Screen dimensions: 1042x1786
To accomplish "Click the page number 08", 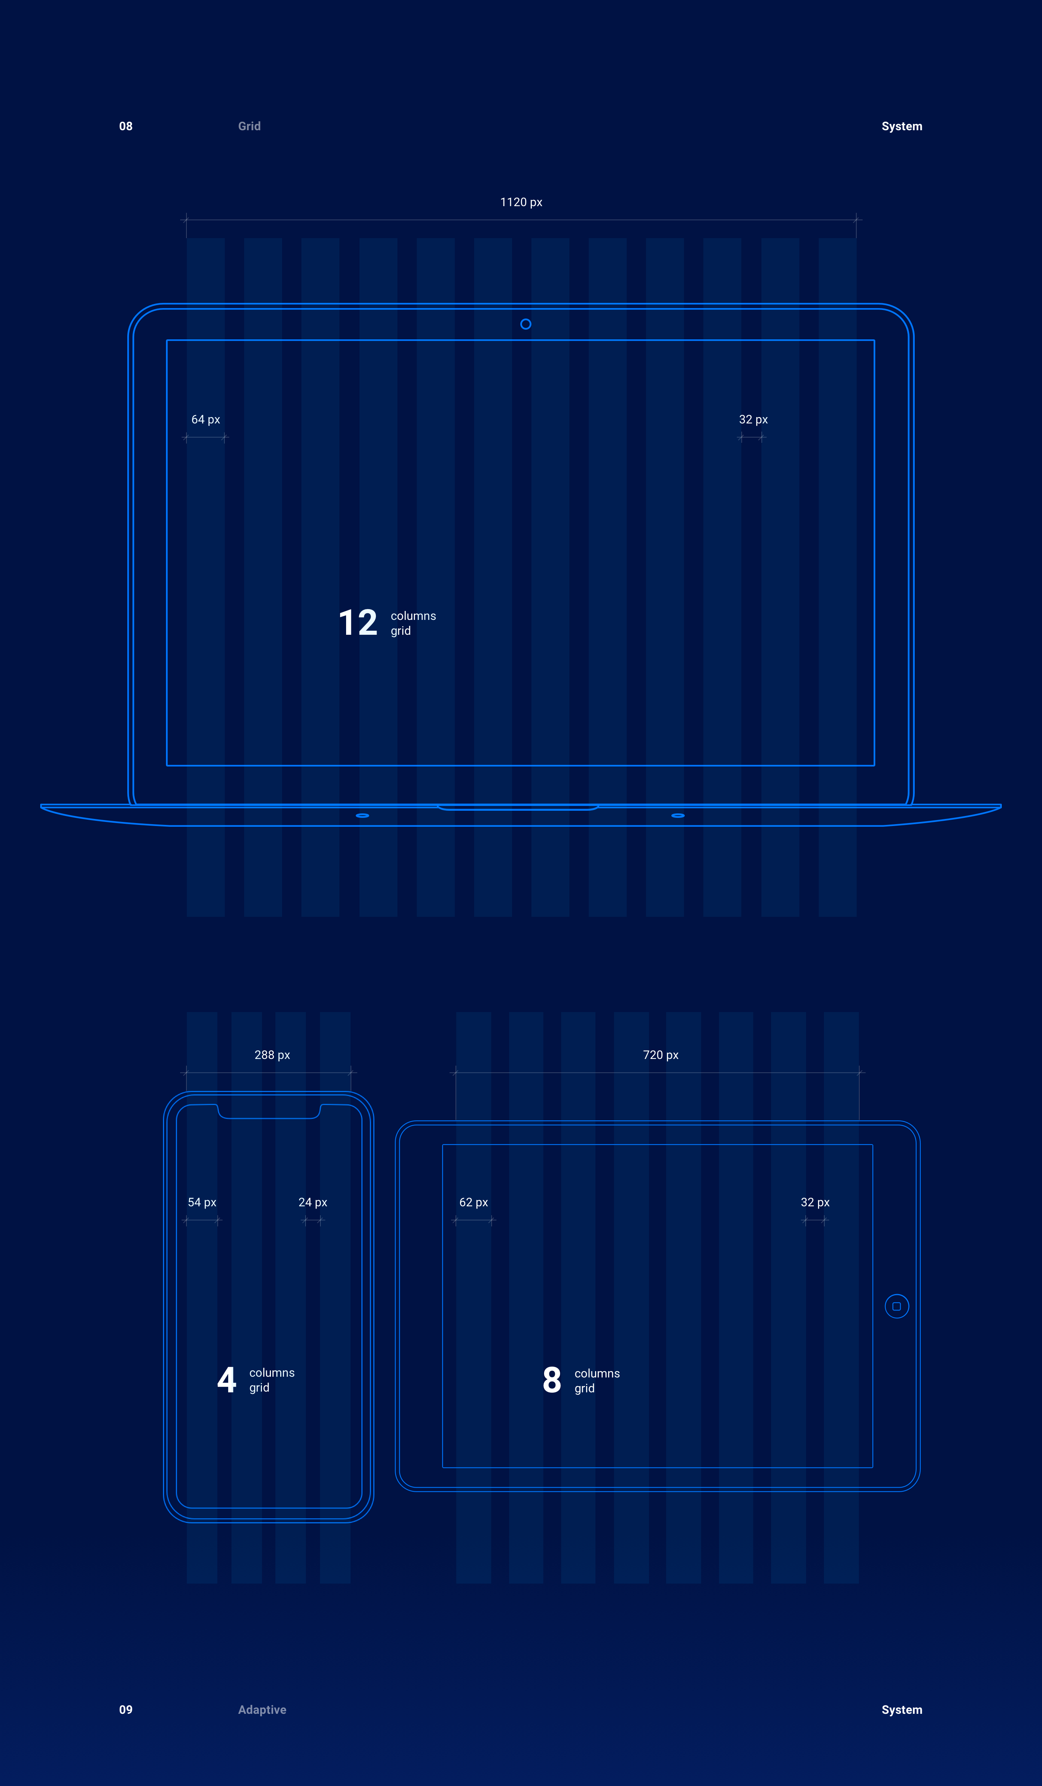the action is coord(125,126).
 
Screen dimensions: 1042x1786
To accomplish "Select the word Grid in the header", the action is coord(249,126).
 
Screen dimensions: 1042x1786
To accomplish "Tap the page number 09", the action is coord(125,1709).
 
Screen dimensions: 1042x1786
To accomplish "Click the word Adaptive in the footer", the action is coord(262,1709).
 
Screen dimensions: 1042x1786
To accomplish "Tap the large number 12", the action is coord(358,623).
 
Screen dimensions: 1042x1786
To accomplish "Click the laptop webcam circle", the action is coord(525,324).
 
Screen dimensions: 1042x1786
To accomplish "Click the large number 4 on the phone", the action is coord(227,1380).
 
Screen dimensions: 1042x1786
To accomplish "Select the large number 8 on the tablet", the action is coord(552,1380).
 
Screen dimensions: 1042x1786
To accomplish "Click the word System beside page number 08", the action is coord(902,126).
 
